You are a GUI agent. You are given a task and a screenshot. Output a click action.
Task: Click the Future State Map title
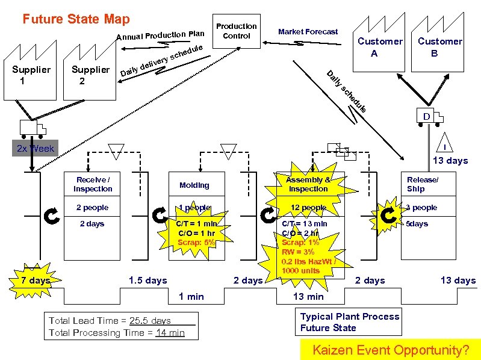(x=76, y=19)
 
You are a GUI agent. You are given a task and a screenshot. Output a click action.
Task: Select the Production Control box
(x=237, y=31)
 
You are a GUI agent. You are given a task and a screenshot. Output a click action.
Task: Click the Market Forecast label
(x=308, y=31)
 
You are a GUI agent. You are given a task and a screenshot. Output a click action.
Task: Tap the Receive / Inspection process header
(x=93, y=184)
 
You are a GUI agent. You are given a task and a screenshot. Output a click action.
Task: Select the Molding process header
(x=194, y=185)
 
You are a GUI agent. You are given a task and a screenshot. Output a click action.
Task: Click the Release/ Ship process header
(x=423, y=184)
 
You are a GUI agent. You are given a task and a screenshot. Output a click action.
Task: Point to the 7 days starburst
(x=35, y=281)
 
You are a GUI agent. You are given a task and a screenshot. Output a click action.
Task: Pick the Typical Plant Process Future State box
(x=350, y=322)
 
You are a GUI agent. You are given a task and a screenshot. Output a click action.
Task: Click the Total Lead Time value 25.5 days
(x=150, y=321)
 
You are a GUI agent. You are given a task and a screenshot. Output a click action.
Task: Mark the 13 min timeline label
(x=308, y=296)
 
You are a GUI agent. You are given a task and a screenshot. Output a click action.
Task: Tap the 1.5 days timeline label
(x=148, y=280)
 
